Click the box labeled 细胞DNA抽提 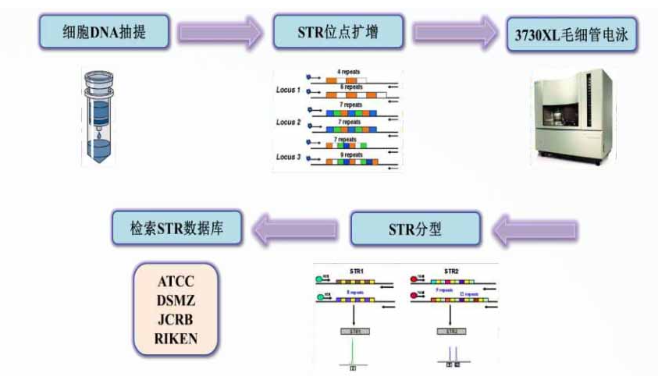(x=103, y=31)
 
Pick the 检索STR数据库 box (x=177, y=229)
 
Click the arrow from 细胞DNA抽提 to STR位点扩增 (x=220, y=32)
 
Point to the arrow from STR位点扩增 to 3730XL (x=456, y=32)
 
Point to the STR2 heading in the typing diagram (x=450, y=272)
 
